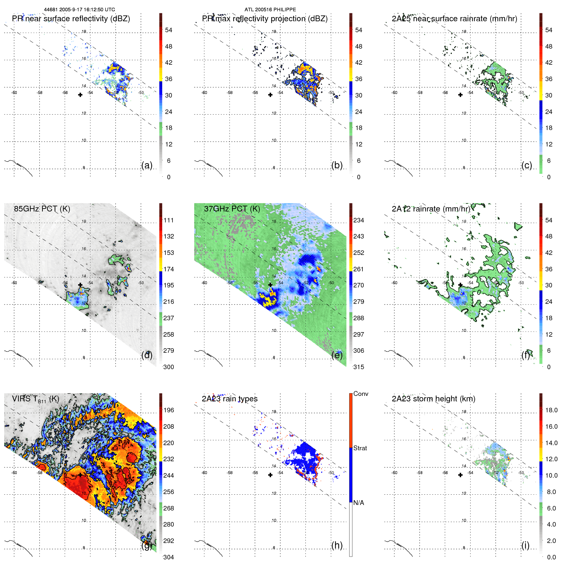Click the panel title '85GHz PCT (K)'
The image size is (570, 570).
pos(42,209)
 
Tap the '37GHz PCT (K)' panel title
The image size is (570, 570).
pos(232,209)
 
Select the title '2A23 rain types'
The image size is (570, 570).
pos(229,399)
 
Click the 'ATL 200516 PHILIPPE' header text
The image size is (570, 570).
pos(270,10)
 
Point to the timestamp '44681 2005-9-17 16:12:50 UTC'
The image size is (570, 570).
pos(79,10)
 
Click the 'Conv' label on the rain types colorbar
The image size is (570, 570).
pos(360,394)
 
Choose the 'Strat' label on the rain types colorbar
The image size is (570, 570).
pos(360,448)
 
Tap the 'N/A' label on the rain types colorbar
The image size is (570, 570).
pos(359,503)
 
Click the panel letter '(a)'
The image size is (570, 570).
pos(147,165)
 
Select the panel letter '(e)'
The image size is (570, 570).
pos(337,355)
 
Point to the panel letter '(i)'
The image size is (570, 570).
pos(525,545)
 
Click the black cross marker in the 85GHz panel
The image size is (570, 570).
pos(80,285)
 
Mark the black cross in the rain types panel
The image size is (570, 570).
pos(270,475)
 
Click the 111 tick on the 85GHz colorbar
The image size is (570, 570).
pos(169,220)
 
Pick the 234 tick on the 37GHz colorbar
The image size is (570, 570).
pos(359,220)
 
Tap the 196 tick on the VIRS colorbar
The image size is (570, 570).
pos(169,410)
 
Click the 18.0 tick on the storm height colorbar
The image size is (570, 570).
pos(551,410)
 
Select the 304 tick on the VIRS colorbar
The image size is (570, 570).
pos(169,557)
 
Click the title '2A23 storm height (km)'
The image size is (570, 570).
pos(433,399)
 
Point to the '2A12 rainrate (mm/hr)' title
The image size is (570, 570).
pos(431,209)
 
